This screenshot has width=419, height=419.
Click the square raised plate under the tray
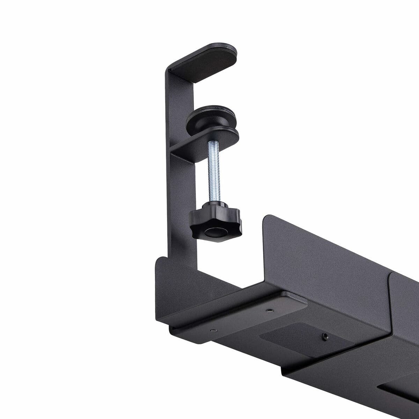coord(300,337)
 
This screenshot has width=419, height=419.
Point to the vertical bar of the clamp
coord(180,175)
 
